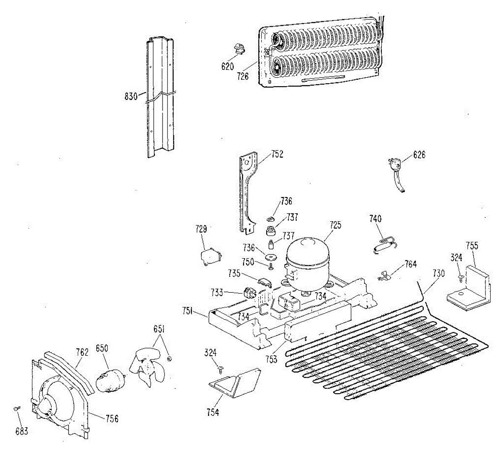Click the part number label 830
131,96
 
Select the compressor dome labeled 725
307,260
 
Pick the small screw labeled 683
17,408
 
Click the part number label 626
419,155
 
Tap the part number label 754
213,413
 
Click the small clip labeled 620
240,49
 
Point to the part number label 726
242,76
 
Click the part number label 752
277,154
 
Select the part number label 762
82,352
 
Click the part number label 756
112,418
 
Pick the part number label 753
271,359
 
